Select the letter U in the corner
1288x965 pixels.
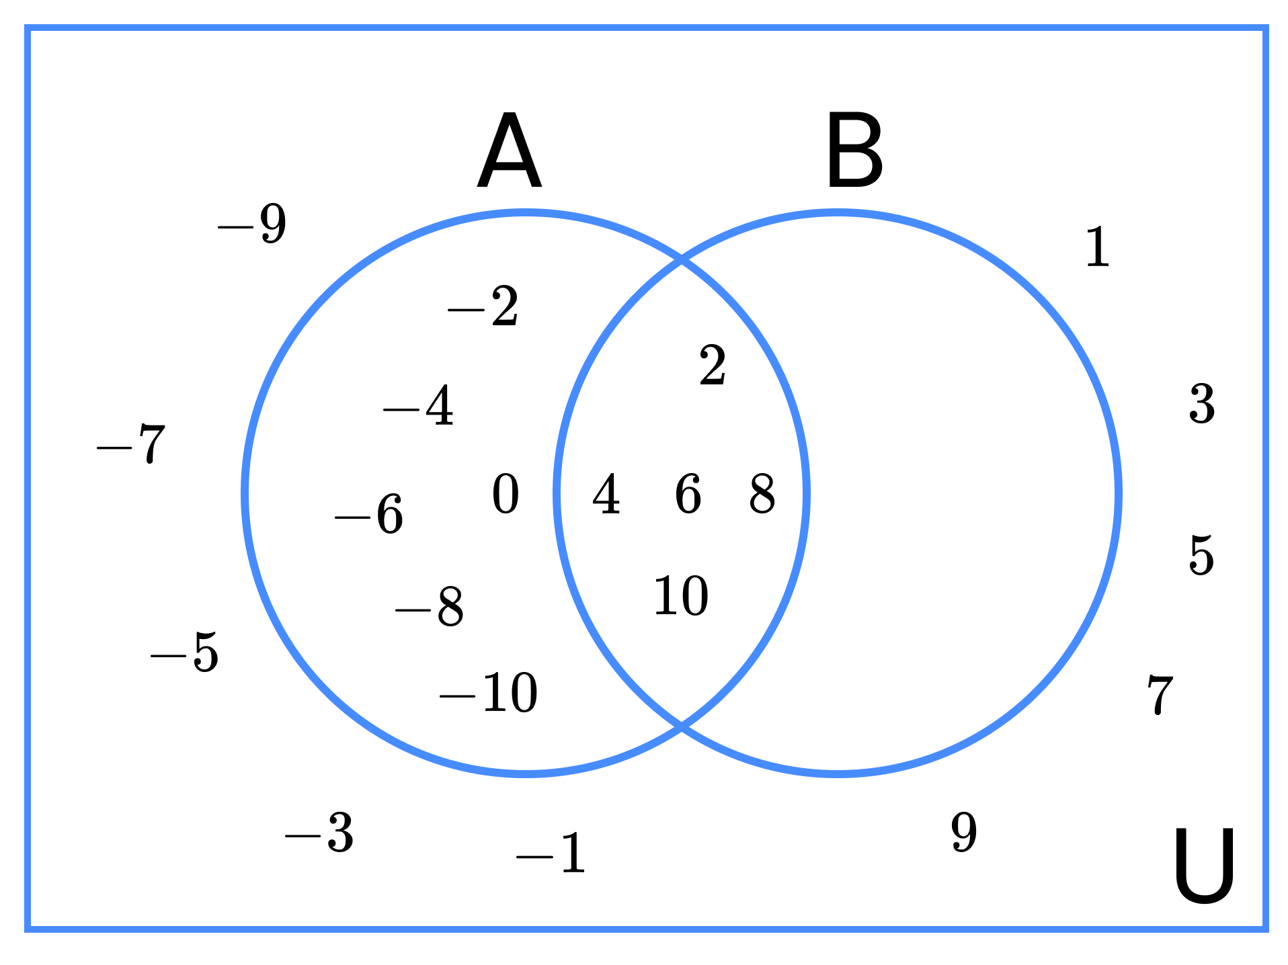(x=1203, y=866)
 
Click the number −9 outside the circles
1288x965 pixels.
(x=252, y=224)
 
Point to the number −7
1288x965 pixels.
(x=130, y=444)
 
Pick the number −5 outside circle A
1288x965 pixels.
(x=184, y=652)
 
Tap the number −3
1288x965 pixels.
(x=319, y=833)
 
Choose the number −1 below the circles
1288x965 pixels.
(x=551, y=853)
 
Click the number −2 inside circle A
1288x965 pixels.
(x=483, y=306)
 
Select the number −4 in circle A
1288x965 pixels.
(x=418, y=406)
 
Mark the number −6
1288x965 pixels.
(x=369, y=515)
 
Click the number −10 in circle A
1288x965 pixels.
(x=489, y=692)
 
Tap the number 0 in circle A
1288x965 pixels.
(x=506, y=494)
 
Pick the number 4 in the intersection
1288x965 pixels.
(x=606, y=494)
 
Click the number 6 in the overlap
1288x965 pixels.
(x=688, y=494)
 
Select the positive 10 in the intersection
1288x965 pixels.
(x=681, y=595)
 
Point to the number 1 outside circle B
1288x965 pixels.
(x=1098, y=247)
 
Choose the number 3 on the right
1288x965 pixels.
(x=1202, y=404)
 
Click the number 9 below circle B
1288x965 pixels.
(x=964, y=832)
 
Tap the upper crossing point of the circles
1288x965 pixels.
(x=682, y=260)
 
